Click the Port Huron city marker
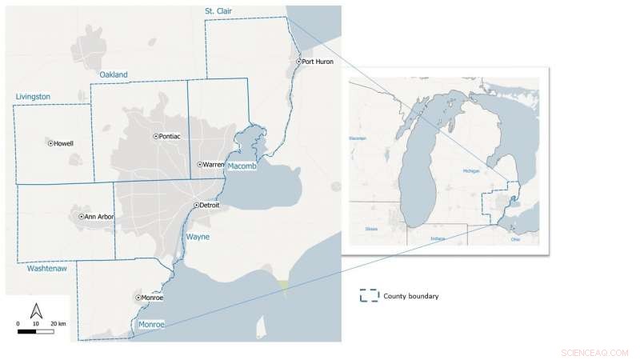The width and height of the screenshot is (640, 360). [299, 62]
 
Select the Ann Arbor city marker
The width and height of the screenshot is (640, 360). [82, 217]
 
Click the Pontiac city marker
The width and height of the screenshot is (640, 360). [156, 137]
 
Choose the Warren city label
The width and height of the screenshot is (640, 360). [214, 165]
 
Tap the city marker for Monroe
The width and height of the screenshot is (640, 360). [138, 298]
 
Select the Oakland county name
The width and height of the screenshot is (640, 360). [114, 75]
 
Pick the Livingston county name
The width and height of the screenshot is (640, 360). [33, 97]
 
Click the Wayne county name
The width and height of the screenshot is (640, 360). [198, 238]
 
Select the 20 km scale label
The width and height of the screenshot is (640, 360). [57, 323]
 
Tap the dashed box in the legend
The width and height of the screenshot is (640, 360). [369, 296]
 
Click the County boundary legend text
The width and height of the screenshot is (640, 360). [410, 296]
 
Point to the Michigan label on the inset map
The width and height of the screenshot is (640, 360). [472, 171]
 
